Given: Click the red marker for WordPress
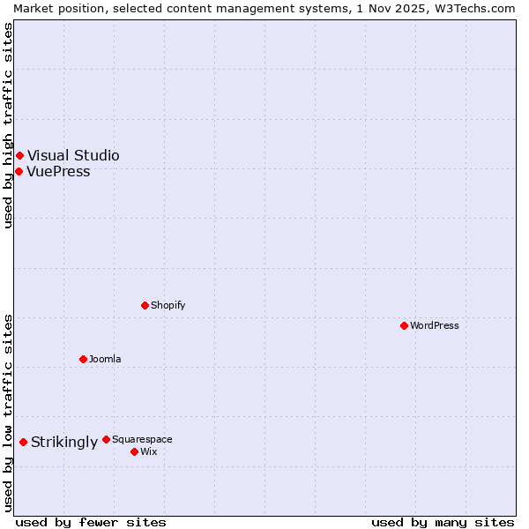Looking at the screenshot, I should click(404, 325).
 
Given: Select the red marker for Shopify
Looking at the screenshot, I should click(145, 305).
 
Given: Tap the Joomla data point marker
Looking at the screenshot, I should click(83, 359).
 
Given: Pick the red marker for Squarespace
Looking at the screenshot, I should click(106, 439).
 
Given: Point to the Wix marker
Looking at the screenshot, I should click(134, 451).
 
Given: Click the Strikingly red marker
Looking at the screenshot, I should click(23, 442).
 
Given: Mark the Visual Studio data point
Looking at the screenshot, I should click(19, 156).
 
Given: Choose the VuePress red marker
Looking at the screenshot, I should click(19, 171).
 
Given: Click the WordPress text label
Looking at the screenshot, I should click(435, 325).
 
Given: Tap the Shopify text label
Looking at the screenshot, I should click(168, 305).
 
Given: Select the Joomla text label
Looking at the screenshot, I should click(105, 359).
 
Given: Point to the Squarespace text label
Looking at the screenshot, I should click(142, 439).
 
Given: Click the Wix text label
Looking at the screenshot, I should click(148, 451).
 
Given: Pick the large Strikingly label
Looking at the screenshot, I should click(64, 443).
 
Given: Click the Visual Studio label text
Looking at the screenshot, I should click(73, 156).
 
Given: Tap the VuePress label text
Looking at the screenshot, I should click(58, 172).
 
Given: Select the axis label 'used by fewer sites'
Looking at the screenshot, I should click(91, 522).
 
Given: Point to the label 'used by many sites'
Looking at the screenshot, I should click(443, 522).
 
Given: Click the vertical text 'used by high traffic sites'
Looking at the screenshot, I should click(8, 125).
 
